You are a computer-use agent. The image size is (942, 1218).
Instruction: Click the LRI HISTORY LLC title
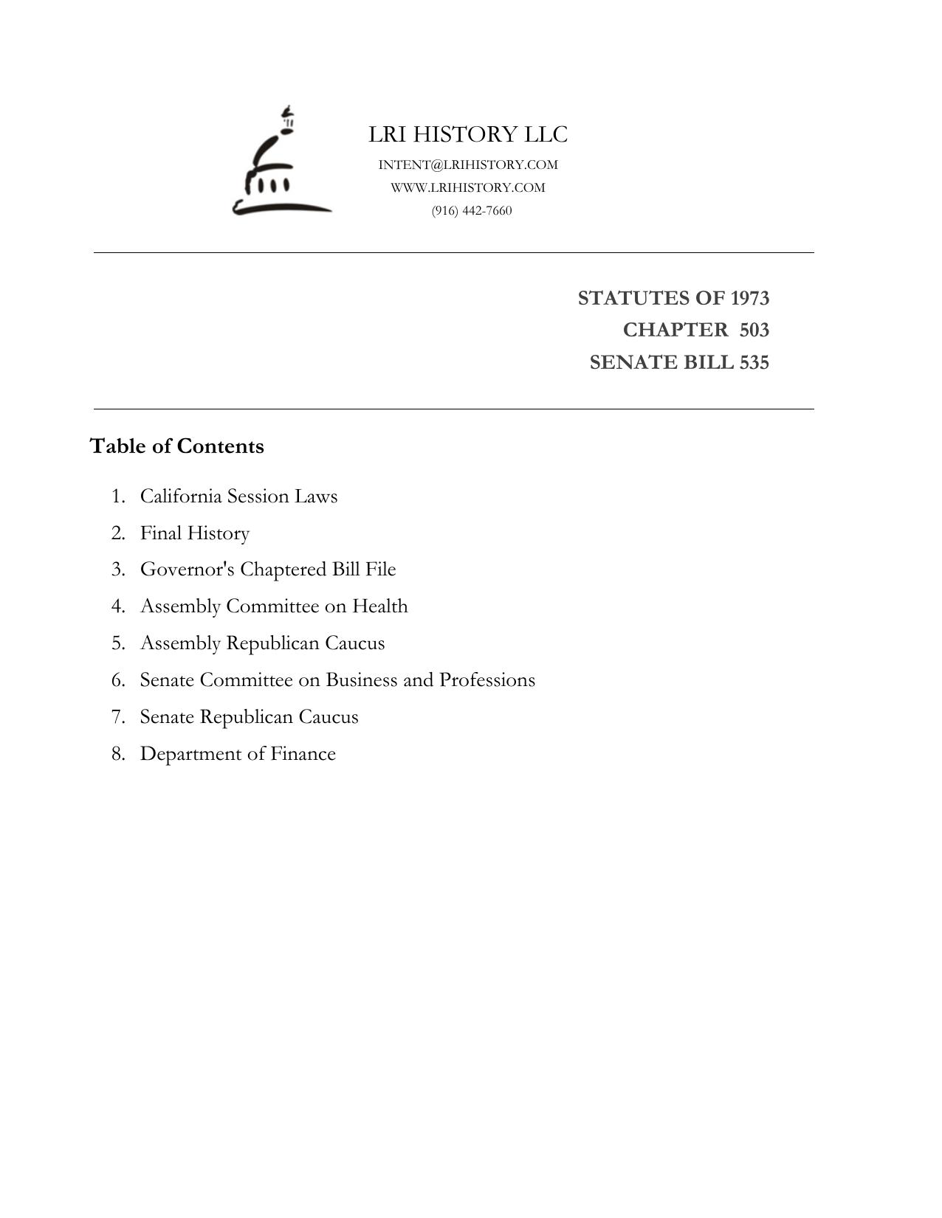tap(468, 135)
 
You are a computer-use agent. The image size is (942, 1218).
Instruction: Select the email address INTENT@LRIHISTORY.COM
tap(468, 165)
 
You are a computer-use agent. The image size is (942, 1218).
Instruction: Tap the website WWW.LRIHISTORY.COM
tap(468, 187)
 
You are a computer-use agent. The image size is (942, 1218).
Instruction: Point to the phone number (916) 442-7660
tap(472, 211)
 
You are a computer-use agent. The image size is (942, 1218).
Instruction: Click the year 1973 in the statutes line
tap(749, 298)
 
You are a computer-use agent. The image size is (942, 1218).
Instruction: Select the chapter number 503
tap(754, 330)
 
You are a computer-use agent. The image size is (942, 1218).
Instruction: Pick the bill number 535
tap(754, 362)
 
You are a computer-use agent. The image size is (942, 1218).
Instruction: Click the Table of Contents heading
tap(177, 446)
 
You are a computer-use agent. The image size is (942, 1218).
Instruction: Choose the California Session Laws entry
tap(238, 496)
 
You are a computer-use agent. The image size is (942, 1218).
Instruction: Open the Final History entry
tap(195, 533)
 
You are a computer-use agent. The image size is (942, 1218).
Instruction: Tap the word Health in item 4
tap(379, 606)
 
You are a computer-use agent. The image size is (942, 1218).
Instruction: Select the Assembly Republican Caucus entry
tap(262, 643)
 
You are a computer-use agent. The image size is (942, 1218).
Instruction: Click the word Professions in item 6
tap(487, 679)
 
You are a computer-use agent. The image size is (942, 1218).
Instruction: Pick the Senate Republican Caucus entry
tap(249, 717)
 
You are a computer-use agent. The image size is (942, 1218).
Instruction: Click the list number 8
tap(117, 754)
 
